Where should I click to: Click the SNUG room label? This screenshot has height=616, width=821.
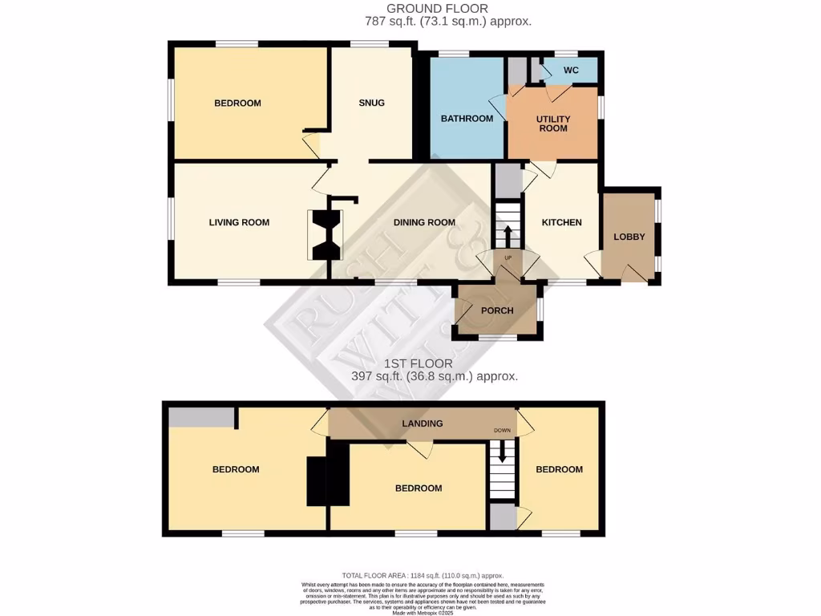pyautogui.click(x=371, y=103)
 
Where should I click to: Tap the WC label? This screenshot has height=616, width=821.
pyautogui.click(x=571, y=71)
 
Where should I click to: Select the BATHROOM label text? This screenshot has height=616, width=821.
pyautogui.click(x=467, y=119)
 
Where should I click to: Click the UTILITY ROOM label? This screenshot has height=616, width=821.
pyautogui.click(x=552, y=123)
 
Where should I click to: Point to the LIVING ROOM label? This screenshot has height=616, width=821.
pyautogui.click(x=239, y=222)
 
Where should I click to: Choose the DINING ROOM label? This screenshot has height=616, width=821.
pyautogui.click(x=424, y=222)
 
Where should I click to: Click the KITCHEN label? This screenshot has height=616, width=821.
pyautogui.click(x=561, y=222)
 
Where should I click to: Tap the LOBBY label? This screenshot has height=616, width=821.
pyautogui.click(x=629, y=237)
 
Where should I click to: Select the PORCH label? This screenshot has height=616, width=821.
pyautogui.click(x=497, y=311)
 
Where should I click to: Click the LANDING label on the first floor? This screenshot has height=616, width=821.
pyautogui.click(x=423, y=423)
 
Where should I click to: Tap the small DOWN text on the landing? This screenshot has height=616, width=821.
pyautogui.click(x=502, y=431)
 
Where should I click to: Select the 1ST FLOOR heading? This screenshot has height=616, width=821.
pyautogui.click(x=435, y=363)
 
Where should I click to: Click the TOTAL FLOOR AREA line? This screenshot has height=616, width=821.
pyautogui.click(x=423, y=575)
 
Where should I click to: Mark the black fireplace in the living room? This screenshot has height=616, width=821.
pyautogui.click(x=326, y=234)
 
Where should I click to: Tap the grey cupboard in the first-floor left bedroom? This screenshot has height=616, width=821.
pyautogui.click(x=200, y=416)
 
